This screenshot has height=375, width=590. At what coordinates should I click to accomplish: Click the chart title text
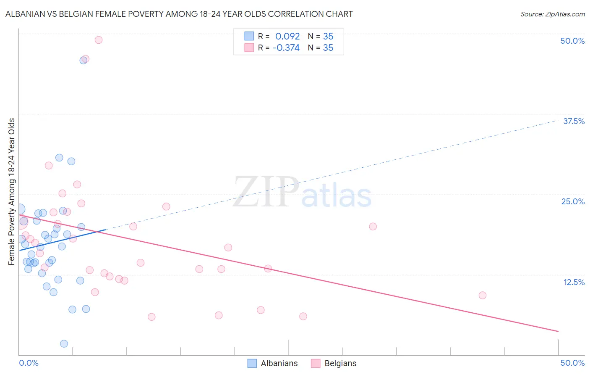pyautogui.click(x=179, y=14)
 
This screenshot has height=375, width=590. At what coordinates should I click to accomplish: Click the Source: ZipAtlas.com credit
pyautogui.click(x=552, y=14)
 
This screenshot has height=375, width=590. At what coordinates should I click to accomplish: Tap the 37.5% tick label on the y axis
pyautogui.click(x=574, y=121)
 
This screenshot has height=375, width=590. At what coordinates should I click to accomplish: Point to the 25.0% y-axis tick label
pyautogui.click(x=573, y=201)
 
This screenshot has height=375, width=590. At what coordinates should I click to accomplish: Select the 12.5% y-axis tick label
pyautogui.click(x=574, y=282)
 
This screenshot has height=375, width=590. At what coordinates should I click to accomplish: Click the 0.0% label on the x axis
pyautogui.click(x=29, y=363)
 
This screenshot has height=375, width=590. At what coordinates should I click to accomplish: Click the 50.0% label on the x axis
pyautogui.click(x=572, y=363)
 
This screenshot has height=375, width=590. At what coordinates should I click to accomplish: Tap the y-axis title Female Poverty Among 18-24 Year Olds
pyautogui.click(x=12, y=192)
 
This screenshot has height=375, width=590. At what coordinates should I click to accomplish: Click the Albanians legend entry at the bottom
pyautogui.click(x=279, y=363)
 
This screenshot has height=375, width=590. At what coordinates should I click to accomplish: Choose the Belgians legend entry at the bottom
pyautogui.click(x=340, y=363)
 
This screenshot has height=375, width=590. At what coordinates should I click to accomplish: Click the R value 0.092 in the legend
pyautogui.click(x=287, y=36)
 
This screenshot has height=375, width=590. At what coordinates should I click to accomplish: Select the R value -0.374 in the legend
pyautogui.click(x=286, y=48)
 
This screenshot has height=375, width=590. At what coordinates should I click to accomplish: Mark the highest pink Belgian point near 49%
pyautogui.click(x=99, y=40)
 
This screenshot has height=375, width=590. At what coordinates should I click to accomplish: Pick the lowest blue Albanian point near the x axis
pyautogui.click(x=64, y=344)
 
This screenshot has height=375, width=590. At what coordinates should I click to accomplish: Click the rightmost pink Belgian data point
pyautogui.click(x=483, y=296)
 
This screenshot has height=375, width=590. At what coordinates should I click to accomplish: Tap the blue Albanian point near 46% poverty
pyautogui.click(x=83, y=61)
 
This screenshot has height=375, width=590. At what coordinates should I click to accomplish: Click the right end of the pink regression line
pyautogui.click(x=558, y=332)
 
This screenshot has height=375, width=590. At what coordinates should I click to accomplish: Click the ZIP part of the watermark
pyautogui.click(x=266, y=192)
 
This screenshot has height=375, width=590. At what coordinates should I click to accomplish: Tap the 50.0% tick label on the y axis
pyautogui.click(x=572, y=41)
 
